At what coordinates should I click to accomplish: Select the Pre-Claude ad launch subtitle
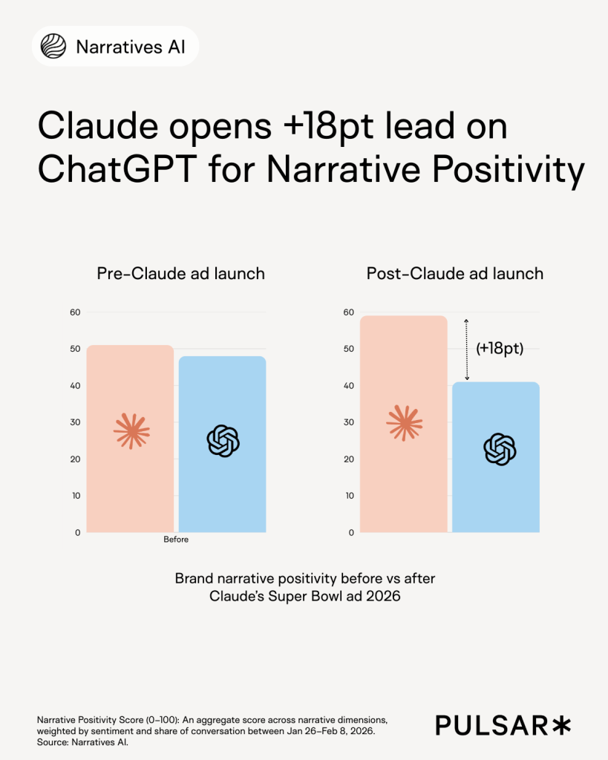[x=180, y=273]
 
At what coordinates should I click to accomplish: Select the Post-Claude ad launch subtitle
[x=454, y=273]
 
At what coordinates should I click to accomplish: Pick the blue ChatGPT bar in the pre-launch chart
[x=222, y=490]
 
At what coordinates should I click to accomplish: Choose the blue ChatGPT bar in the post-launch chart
[x=495, y=497]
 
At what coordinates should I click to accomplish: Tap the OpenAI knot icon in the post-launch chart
[x=500, y=449]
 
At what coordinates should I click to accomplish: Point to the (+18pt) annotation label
[x=500, y=349]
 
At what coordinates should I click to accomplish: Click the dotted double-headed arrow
[x=466, y=349]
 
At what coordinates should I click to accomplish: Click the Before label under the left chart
[x=176, y=540]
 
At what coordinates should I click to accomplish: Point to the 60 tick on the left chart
[x=74, y=312]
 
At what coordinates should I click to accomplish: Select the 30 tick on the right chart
[x=348, y=422]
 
